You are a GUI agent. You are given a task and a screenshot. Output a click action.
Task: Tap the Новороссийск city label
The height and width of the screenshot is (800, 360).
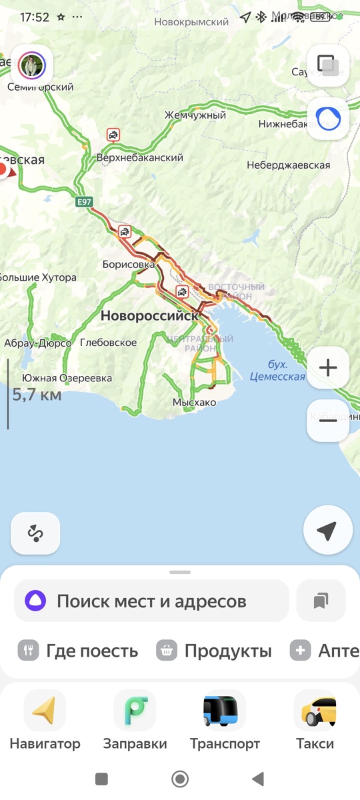149,316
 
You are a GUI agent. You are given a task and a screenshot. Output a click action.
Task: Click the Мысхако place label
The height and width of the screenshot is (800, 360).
194,403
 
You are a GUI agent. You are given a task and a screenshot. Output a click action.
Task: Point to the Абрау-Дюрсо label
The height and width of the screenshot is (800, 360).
38,343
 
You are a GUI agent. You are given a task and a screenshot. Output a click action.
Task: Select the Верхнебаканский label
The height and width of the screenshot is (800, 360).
139,158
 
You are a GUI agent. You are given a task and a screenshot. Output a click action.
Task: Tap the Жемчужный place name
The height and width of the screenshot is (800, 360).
195,115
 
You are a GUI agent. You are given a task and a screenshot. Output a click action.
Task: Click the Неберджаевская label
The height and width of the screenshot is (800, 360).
288,165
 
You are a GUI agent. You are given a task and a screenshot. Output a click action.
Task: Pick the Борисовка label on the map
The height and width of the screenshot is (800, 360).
129,264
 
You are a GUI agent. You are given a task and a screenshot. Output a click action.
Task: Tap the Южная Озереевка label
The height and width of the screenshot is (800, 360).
67,378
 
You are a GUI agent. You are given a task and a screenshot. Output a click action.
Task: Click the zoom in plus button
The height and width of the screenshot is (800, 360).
328,367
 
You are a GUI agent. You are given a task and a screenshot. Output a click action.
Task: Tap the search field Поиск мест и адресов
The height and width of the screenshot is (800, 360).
151,601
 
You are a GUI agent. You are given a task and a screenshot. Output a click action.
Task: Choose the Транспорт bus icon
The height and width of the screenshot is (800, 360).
225,711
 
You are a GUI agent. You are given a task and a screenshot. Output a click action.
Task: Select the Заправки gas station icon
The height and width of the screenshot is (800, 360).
135,711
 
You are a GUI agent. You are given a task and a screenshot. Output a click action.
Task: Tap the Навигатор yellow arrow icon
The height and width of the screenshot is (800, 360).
45,711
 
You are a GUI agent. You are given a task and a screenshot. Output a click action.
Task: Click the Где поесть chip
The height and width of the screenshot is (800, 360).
78,651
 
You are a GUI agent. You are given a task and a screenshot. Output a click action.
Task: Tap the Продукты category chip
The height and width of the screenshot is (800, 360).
215,651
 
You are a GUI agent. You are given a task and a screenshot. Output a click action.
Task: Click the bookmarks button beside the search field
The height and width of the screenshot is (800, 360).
321,601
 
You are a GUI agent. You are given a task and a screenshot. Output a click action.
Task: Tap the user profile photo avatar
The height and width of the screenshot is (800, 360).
32,65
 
